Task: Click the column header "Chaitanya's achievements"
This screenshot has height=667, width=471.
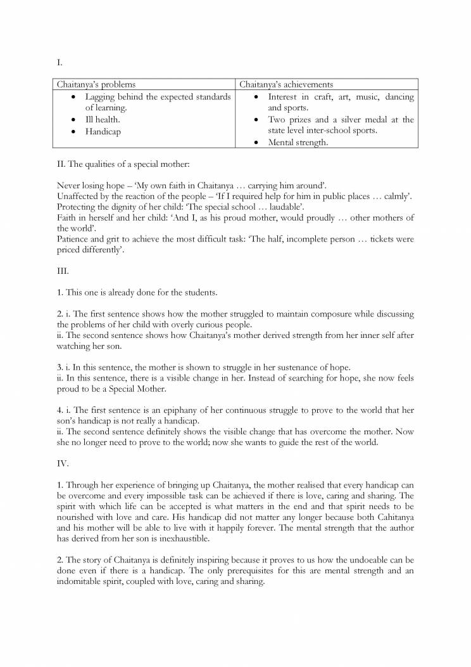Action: [x=286, y=84]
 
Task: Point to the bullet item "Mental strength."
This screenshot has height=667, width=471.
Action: [x=298, y=143]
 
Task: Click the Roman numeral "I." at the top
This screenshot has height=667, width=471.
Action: [x=60, y=63]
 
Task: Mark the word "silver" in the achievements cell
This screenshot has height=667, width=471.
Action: [x=356, y=120]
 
